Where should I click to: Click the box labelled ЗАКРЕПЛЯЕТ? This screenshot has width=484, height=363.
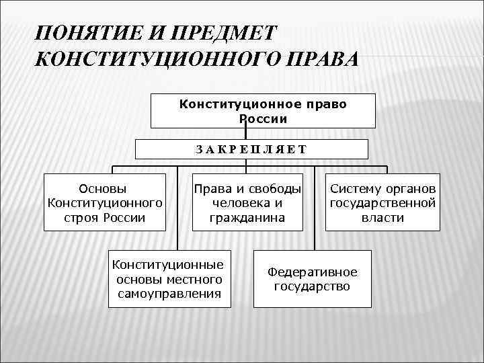coord(251,149)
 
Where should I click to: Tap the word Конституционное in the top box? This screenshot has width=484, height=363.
coord(231,104)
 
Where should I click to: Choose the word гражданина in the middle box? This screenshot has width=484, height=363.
coord(247,218)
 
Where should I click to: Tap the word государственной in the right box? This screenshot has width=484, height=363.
coord(382,203)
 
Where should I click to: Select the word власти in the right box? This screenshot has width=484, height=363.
coord(382,218)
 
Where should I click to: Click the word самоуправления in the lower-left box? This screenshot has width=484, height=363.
coord(169,294)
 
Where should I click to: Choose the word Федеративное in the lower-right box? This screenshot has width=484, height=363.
coord(312,272)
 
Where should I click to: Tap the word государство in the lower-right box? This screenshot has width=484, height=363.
coord(312,286)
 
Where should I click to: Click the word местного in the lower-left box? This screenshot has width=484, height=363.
coord(188,279)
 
